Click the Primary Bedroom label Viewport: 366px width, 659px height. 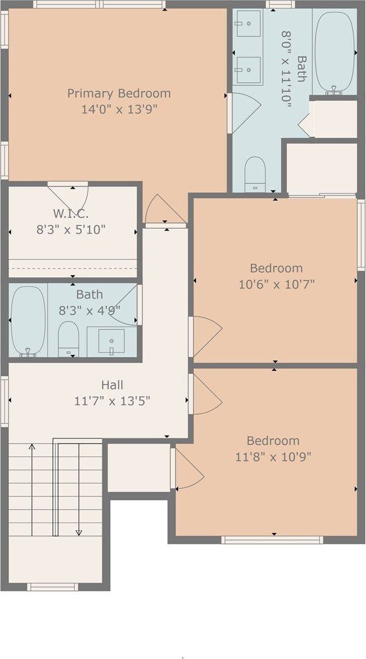[119, 93]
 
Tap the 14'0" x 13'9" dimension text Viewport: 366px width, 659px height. [119, 109]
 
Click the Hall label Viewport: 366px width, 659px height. [112, 384]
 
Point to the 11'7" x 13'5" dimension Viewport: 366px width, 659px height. [112, 401]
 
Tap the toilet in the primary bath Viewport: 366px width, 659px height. [255, 173]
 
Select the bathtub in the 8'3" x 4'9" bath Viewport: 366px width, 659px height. [28, 321]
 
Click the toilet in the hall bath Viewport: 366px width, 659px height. [68, 338]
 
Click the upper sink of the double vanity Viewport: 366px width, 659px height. [248, 24]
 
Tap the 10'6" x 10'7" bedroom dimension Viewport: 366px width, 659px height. [276, 285]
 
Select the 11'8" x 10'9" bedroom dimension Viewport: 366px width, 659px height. [273, 457]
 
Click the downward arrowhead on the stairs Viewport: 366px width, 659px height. [79, 532]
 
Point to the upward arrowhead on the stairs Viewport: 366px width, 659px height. [32, 446]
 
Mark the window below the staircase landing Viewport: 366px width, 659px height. [52, 587]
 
